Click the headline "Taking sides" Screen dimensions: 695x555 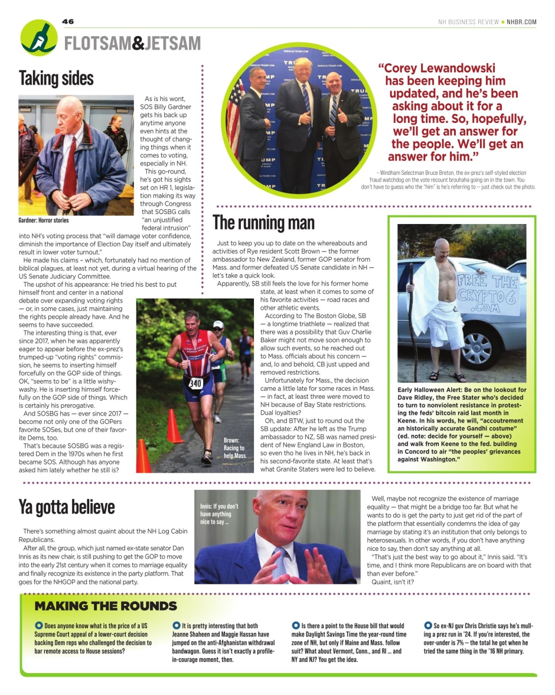click(x=56, y=78)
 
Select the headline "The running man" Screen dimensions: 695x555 click(x=263, y=223)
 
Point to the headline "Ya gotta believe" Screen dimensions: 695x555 click(x=67, y=507)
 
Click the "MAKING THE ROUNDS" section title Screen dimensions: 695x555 click(x=106, y=606)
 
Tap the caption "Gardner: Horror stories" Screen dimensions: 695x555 click(x=44, y=220)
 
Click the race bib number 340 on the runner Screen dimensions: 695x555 click(x=195, y=382)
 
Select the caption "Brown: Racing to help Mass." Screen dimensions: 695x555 click(x=235, y=448)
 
